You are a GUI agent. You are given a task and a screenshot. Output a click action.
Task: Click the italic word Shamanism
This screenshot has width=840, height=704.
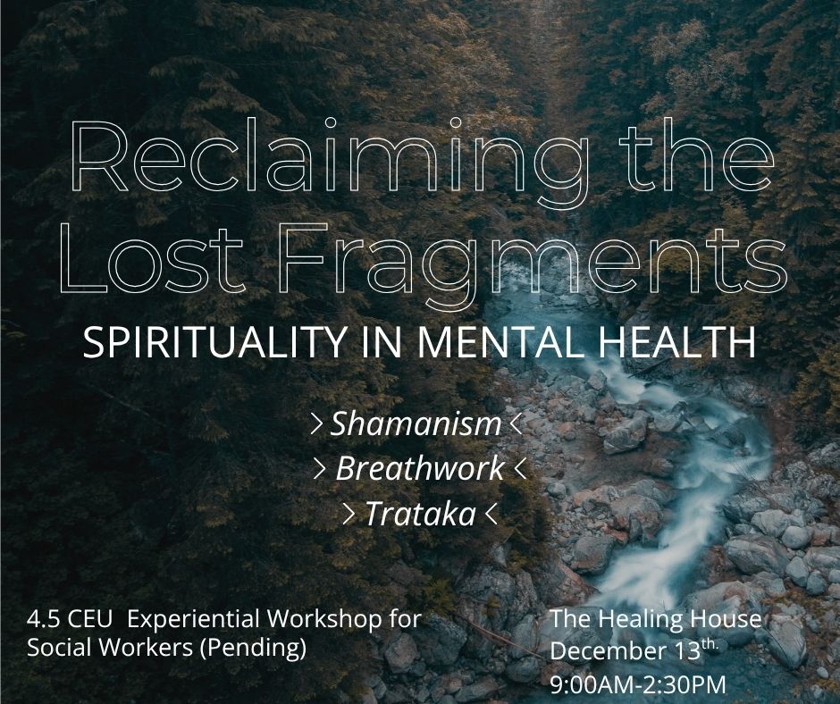point(416,424)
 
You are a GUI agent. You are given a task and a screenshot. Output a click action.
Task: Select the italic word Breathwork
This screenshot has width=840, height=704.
point(420,468)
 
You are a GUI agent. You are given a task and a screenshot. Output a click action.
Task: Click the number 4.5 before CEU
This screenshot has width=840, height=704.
point(43,618)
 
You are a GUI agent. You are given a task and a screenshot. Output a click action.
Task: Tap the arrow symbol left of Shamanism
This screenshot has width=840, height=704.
point(316,425)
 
